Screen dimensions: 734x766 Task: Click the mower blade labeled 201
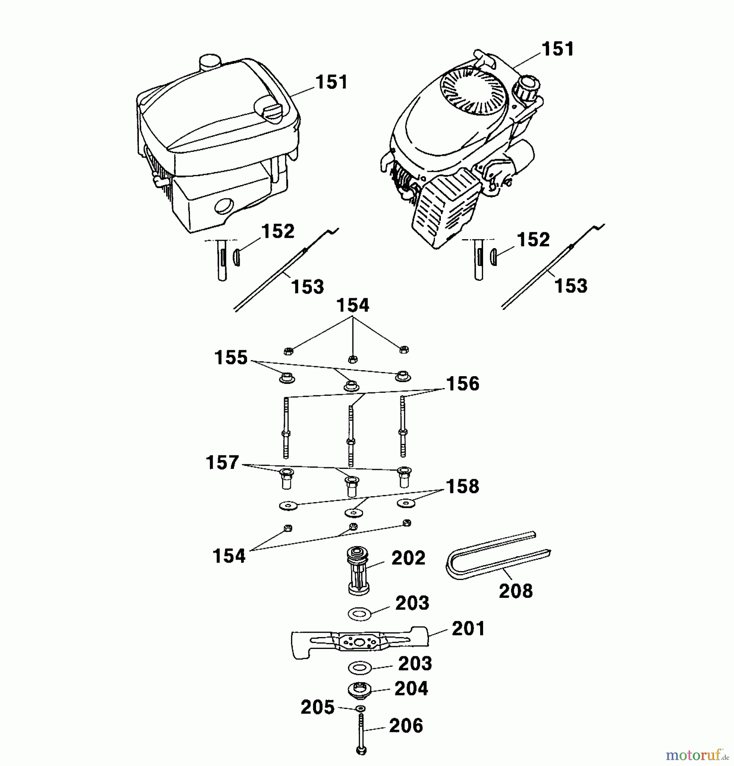click(x=360, y=642)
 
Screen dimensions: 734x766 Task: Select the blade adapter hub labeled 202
click(x=358, y=570)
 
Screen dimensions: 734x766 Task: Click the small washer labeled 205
click(x=360, y=708)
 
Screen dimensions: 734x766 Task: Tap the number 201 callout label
click(x=468, y=629)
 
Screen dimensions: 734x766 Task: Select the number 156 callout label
click(x=463, y=383)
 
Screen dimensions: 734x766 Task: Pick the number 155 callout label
click(x=231, y=357)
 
